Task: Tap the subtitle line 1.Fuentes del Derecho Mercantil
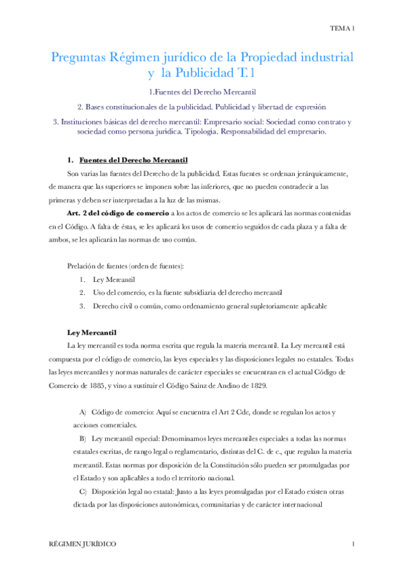(202, 91)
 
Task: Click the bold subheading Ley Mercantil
(92, 333)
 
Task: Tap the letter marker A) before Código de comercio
(83, 411)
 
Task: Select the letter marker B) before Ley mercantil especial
(83, 438)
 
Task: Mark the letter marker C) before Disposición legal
(83, 492)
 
